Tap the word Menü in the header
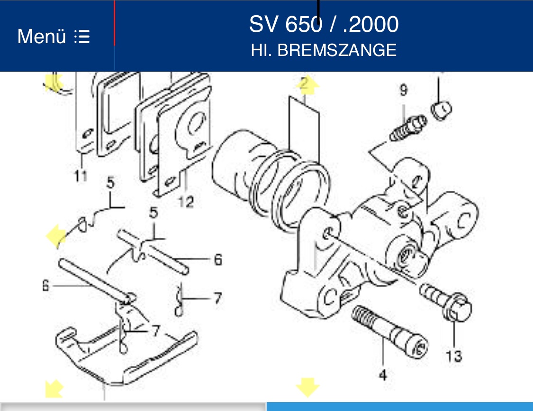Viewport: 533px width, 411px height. (x=41, y=37)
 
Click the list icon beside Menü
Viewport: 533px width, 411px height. (x=82, y=37)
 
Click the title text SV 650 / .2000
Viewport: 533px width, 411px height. (x=324, y=24)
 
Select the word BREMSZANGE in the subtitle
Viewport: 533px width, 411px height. (x=337, y=50)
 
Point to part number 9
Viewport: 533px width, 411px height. (x=403, y=89)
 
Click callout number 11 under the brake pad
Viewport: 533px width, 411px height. (x=81, y=176)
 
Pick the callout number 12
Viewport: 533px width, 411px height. (x=186, y=202)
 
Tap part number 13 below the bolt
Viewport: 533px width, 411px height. (x=453, y=355)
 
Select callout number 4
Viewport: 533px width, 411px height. (x=383, y=375)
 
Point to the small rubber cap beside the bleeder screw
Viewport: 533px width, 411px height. (x=442, y=110)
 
